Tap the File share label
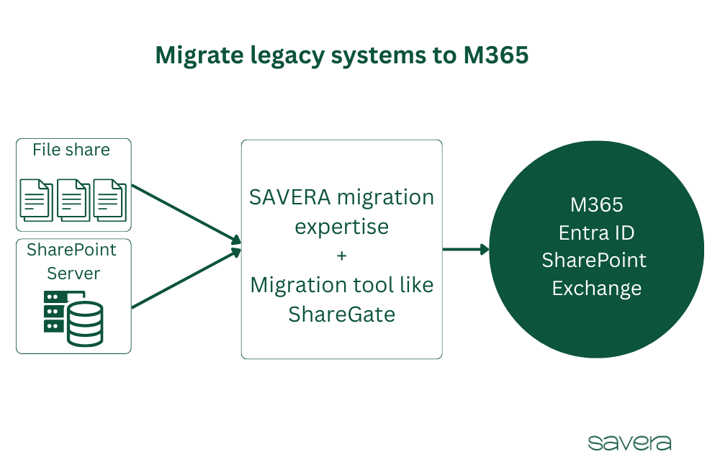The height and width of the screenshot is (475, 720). [x=71, y=150]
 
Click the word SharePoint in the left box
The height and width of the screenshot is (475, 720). [x=71, y=250]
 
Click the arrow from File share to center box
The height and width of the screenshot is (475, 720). [x=186, y=213]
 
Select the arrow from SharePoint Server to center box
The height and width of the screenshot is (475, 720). [x=186, y=279]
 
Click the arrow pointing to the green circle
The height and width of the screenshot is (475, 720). [x=465, y=250]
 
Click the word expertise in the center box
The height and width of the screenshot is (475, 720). [x=342, y=227]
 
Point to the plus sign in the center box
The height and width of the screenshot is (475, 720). [x=341, y=255]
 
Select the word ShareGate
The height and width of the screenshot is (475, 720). [x=341, y=315]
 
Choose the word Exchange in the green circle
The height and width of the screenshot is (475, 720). [x=596, y=289]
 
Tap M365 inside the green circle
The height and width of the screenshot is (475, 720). [x=596, y=205]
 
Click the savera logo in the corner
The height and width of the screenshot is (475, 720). [x=629, y=442]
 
